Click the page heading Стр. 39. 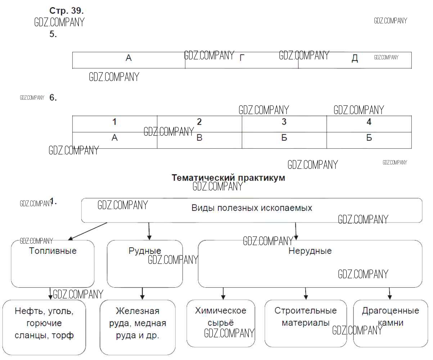tap(67, 10)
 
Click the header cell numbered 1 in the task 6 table tap(114, 122)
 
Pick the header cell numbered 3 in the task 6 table tap(284, 122)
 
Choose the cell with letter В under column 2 tap(199, 138)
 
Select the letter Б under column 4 tap(369, 138)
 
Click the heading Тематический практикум tap(228, 178)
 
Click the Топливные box tap(53, 264)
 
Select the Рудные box tap(145, 264)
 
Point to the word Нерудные tap(310, 251)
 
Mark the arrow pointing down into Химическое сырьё tap(223, 293)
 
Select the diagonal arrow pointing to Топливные tap(87, 231)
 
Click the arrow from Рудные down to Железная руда tap(142, 293)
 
